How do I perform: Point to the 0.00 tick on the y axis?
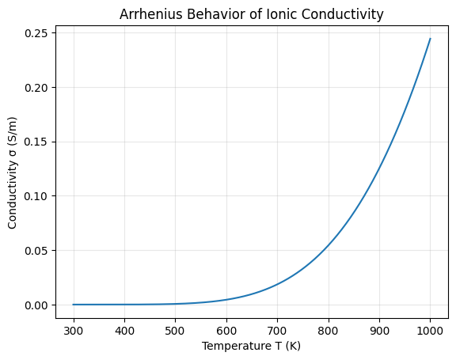click(x=36, y=305)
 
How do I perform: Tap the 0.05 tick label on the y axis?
click(x=36, y=251)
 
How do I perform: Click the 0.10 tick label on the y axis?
click(x=36, y=196)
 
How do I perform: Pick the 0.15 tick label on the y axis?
click(x=36, y=142)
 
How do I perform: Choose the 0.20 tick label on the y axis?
click(x=36, y=88)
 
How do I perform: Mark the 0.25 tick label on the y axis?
click(x=36, y=33)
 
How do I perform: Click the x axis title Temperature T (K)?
click(x=251, y=347)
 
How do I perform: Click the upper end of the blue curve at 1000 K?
click(x=430, y=39)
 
